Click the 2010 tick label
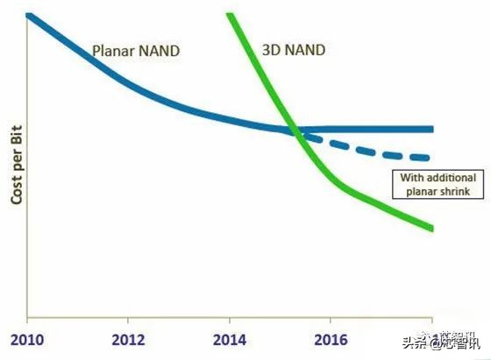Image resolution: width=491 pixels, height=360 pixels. click(x=27, y=339)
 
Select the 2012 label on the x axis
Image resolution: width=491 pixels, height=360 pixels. click(x=129, y=339)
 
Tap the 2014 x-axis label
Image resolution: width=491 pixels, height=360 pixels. click(x=229, y=339)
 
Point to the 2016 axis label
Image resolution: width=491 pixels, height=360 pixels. click(x=331, y=339)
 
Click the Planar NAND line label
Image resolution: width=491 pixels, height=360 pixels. click(x=136, y=51)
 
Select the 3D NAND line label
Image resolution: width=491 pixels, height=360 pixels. click(x=293, y=50)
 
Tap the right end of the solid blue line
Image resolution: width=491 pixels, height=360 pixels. click(x=432, y=129)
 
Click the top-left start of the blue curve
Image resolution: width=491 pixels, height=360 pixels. click(x=29, y=15)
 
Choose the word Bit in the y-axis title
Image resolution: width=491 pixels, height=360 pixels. click(x=16, y=136)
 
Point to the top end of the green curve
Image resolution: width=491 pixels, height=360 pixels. click(x=230, y=15)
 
